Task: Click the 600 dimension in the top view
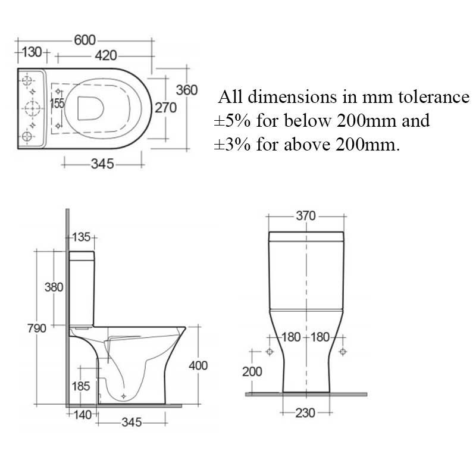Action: point(84,40)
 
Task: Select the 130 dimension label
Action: point(32,52)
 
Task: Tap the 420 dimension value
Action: point(106,55)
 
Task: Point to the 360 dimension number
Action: point(187,90)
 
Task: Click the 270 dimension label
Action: point(166,108)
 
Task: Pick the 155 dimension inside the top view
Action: point(57,104)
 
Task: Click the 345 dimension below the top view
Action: point(102,164)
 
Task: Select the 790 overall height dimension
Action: point(37,328)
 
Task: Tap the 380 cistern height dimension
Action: point(54,287)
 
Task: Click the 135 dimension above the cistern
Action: point(82,237)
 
